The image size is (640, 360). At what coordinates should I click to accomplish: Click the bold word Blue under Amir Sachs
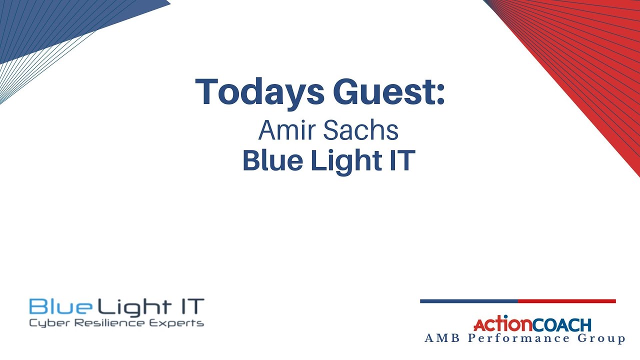click(269, 161)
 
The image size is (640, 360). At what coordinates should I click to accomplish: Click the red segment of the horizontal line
click(566, 301)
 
